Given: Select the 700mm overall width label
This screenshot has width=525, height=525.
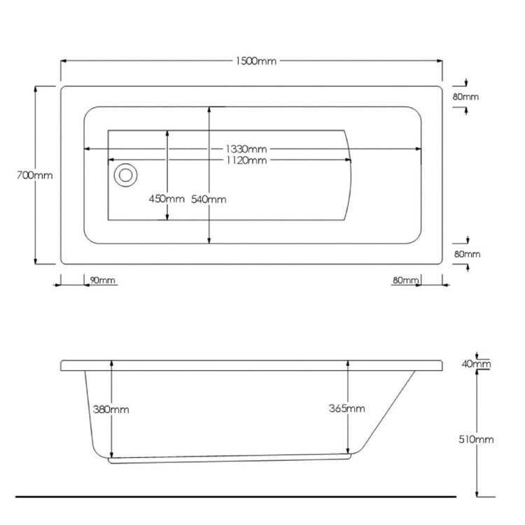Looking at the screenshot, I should tap(34, 176).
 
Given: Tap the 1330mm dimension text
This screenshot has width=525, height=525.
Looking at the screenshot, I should tap(246, 149).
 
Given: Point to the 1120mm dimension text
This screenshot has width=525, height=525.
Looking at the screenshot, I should tap(246, 160).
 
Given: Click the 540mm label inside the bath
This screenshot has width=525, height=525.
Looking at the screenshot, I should tap(209, 199).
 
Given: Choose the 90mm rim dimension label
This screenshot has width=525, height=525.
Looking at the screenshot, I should tap(102, 281).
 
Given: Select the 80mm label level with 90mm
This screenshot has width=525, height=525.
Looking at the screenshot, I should tap(405, 281).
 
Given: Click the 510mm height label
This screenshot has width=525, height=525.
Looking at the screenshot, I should tap(477, 440).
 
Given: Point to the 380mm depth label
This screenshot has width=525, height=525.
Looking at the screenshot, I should tap(111, 409).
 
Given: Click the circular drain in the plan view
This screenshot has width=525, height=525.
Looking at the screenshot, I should tap(126, 174).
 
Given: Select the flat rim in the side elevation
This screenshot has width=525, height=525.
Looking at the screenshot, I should tap(252, 365).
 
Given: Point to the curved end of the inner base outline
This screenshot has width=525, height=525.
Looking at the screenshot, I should tap(354, 175).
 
